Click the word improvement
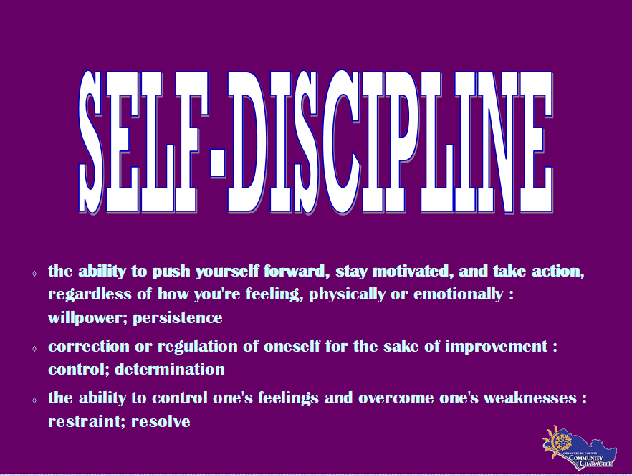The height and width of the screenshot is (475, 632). coord(494,347)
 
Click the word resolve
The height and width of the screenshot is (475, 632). coord(161,421)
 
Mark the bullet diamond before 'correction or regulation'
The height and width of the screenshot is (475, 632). coord(34,349)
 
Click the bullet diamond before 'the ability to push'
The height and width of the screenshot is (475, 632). coord(34,274)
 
